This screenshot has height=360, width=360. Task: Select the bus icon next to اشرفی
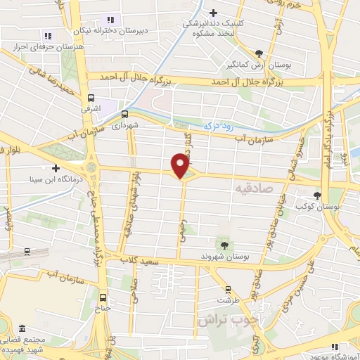click(91, 99)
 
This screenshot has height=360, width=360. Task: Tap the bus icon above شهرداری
click(125, 114)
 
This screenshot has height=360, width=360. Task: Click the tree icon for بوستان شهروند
click(224, 245)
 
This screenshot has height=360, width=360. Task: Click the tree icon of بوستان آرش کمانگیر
click(259, 53)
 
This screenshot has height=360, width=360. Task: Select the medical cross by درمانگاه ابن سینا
click(56, 168)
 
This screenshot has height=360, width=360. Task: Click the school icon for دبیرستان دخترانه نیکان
click(109, 19)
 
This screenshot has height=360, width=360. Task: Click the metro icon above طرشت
click(227, 289)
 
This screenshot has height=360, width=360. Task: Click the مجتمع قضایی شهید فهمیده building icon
click(22, 329)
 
